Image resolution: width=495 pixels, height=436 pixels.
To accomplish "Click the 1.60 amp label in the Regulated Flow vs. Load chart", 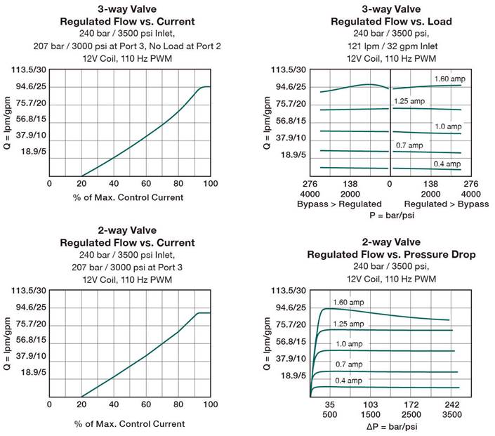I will click(447, 78).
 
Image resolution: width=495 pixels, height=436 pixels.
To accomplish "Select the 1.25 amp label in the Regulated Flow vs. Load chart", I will click(407, 102).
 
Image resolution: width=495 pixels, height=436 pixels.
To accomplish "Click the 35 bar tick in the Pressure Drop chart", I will click(329, 406).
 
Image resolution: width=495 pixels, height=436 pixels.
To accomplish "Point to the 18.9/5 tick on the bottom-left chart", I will click(32, 374).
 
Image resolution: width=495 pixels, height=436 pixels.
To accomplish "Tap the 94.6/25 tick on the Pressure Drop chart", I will click(289, 307).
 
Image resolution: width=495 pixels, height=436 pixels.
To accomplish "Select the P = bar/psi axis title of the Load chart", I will click(390, 214).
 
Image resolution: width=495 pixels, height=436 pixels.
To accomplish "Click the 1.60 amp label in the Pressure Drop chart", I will click(349, 303).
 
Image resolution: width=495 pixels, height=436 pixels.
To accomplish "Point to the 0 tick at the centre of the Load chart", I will click(390, 183).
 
